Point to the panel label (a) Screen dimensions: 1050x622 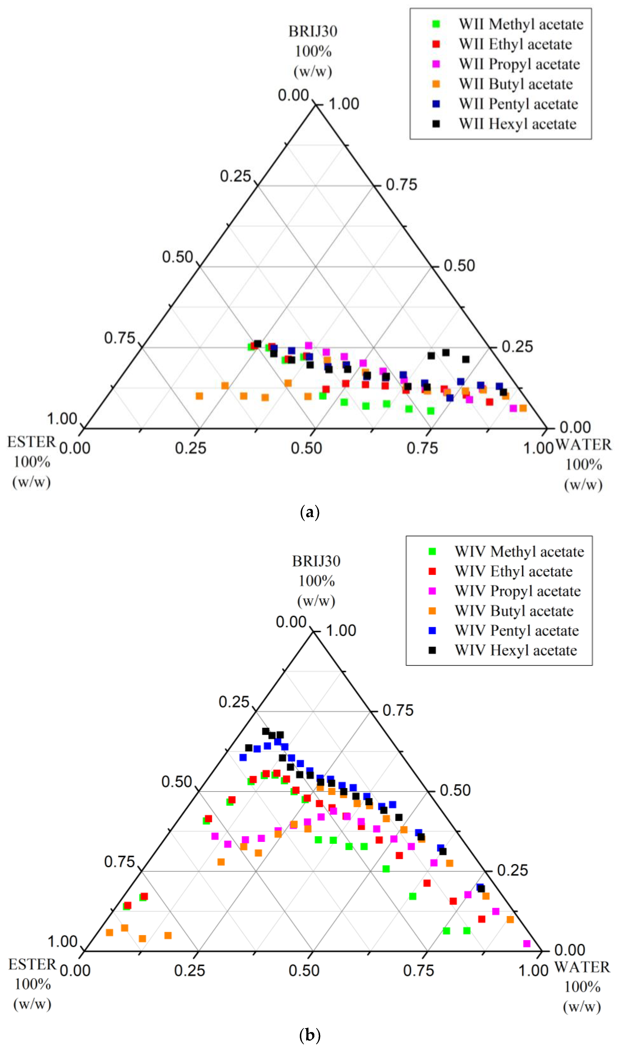point(310,512)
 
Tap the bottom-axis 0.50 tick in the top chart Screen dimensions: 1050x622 point(306,448)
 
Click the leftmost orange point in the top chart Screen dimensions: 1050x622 point(200,396)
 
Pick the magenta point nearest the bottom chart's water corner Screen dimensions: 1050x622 point(527,944)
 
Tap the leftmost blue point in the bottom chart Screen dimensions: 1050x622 point(243,757)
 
